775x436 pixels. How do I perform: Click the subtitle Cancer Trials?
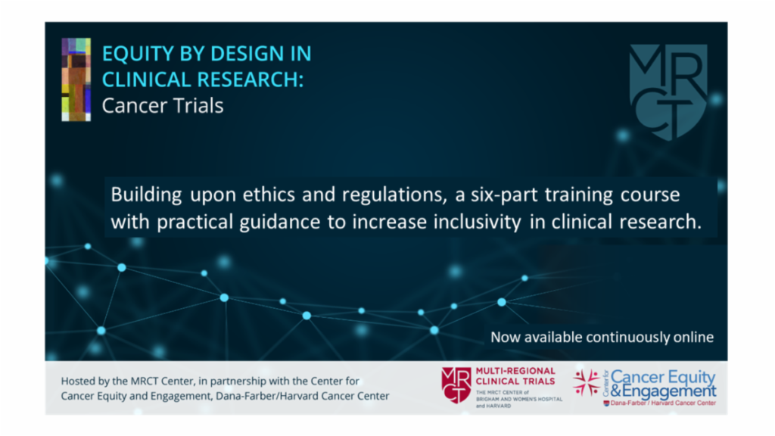click(163, 105)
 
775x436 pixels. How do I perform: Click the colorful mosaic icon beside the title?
click(76, 79)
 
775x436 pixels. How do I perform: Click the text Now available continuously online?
click(602, 337)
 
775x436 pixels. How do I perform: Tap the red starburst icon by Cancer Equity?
click(586, 382)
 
